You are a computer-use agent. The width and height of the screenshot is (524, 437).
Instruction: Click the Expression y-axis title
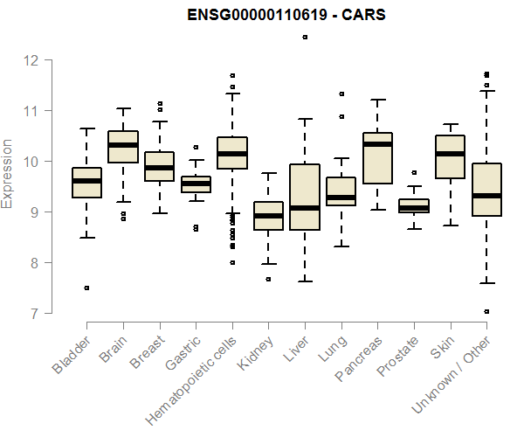(x=8, y=173)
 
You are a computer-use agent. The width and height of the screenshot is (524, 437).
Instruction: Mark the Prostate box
(x=414, y=206)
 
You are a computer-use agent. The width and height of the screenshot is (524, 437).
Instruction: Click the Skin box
(x=450, y=157)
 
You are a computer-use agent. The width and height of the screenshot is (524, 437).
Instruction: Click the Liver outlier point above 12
(x=305, y=38)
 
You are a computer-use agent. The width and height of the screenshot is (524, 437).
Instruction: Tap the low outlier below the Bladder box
(x=86, y=288)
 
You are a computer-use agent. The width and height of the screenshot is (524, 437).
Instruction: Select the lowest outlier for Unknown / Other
(x=486, y=311)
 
